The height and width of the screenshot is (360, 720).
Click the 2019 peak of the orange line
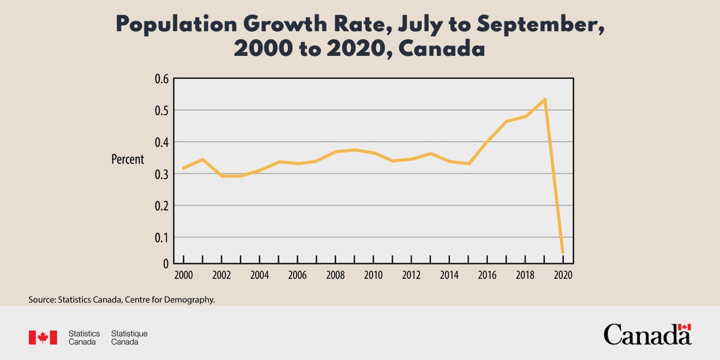(x=544, y=100)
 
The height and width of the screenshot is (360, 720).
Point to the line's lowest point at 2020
(x=562, y=253)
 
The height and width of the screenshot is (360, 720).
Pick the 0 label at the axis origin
(x=164, y=263)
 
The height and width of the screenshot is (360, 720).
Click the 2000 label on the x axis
(x=183, y=275)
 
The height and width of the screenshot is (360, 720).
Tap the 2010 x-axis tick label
(x=373, y=275)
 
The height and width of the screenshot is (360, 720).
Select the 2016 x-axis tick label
(x=487, y=275)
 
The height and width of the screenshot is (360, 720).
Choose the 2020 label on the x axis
(x=563, y=275)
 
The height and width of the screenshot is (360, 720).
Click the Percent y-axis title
(x=128, y=160)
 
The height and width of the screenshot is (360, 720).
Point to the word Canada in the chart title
(x=441, y=49)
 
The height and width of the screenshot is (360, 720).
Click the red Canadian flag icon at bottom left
(x=43, y=337)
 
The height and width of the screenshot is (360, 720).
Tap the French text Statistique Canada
(x=130, y=337)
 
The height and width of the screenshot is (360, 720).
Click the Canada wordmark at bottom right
(x=647, y=334)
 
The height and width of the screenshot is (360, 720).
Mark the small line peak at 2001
(x=202, y=160)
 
